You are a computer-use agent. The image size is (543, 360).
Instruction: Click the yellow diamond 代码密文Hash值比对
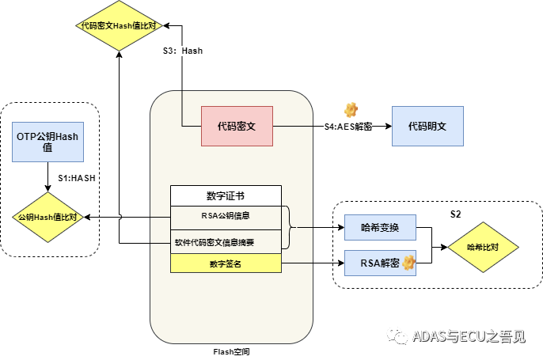(x=120, y=25)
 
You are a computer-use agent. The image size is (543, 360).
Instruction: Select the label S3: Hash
(x=183, y=51)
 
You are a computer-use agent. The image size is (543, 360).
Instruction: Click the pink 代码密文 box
(x=237, y=126)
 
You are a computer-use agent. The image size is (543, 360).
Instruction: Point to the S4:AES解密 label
(x=348, y=127)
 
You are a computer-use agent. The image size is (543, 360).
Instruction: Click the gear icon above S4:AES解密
(x=351, y=109)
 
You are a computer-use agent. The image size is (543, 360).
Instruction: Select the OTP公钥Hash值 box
(x=47, y=142)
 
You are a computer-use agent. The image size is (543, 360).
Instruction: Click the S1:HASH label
(x=76, y=178)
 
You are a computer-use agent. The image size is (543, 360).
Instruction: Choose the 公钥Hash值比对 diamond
(x=47, y=216)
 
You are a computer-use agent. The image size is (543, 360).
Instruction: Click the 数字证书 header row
(x=226, y=195)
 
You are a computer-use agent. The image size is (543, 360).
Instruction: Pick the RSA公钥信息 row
(x=226, y=214)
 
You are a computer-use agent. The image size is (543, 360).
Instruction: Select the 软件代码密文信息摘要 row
(x=226, y=242)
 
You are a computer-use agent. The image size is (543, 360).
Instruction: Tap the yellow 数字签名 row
(x=226, y=263)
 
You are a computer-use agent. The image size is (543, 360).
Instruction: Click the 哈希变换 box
(x=381, y=229)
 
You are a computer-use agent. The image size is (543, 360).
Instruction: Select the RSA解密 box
(x=381, y=262)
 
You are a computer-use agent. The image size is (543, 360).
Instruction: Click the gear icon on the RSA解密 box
(x=408, y=262)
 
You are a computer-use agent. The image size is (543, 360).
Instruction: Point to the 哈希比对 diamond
(x=482, y=247)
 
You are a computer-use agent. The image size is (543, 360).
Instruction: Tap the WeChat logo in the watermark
(x=396, y=336)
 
